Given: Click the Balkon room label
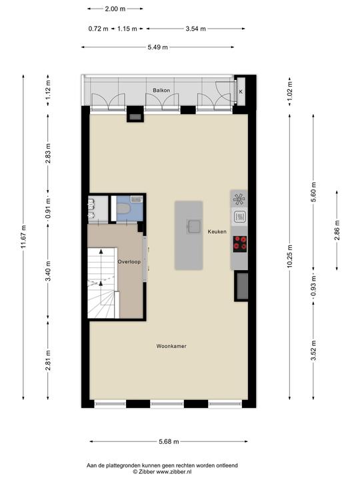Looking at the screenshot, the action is point(161,90).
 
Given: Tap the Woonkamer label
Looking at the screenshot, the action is point(171,346).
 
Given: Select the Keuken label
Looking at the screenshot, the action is point(217,231).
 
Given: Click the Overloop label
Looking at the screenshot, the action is point(129,262).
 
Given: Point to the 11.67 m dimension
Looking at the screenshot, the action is point(23,237).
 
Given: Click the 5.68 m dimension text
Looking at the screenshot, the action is point(169,442).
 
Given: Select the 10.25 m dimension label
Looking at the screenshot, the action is point(290,257).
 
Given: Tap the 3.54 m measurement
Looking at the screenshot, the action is point(195,29).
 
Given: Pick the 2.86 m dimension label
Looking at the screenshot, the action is point(337,230).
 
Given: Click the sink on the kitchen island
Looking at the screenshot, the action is point(193,227).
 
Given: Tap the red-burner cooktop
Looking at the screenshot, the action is point(240,244).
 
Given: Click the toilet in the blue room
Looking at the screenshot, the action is point(124,209).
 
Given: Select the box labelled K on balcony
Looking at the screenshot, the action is point(241,91).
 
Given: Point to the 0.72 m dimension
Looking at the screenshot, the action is point(98,29).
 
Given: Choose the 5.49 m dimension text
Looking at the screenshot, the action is point(157,47).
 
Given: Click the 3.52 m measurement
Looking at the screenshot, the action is point(313,351).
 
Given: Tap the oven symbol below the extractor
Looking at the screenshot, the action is point(239,217).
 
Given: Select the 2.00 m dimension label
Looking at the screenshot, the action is point(115,9).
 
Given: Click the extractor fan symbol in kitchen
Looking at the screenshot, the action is point(239,199).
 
